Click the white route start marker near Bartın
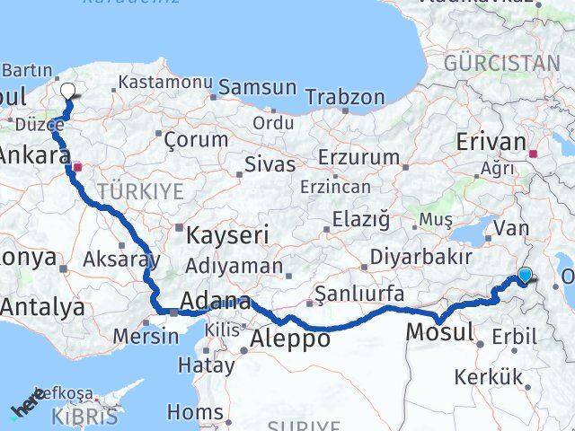(x=67, y=90)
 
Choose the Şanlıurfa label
(x=358, y=294)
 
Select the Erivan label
(x=491, y=142)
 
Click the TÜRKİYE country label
(x=140, y=190)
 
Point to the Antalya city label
(x=42, y=307)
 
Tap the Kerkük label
(x=488, y=377)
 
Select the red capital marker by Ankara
(x=78, y=165)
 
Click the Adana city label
(x=215, y=302)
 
